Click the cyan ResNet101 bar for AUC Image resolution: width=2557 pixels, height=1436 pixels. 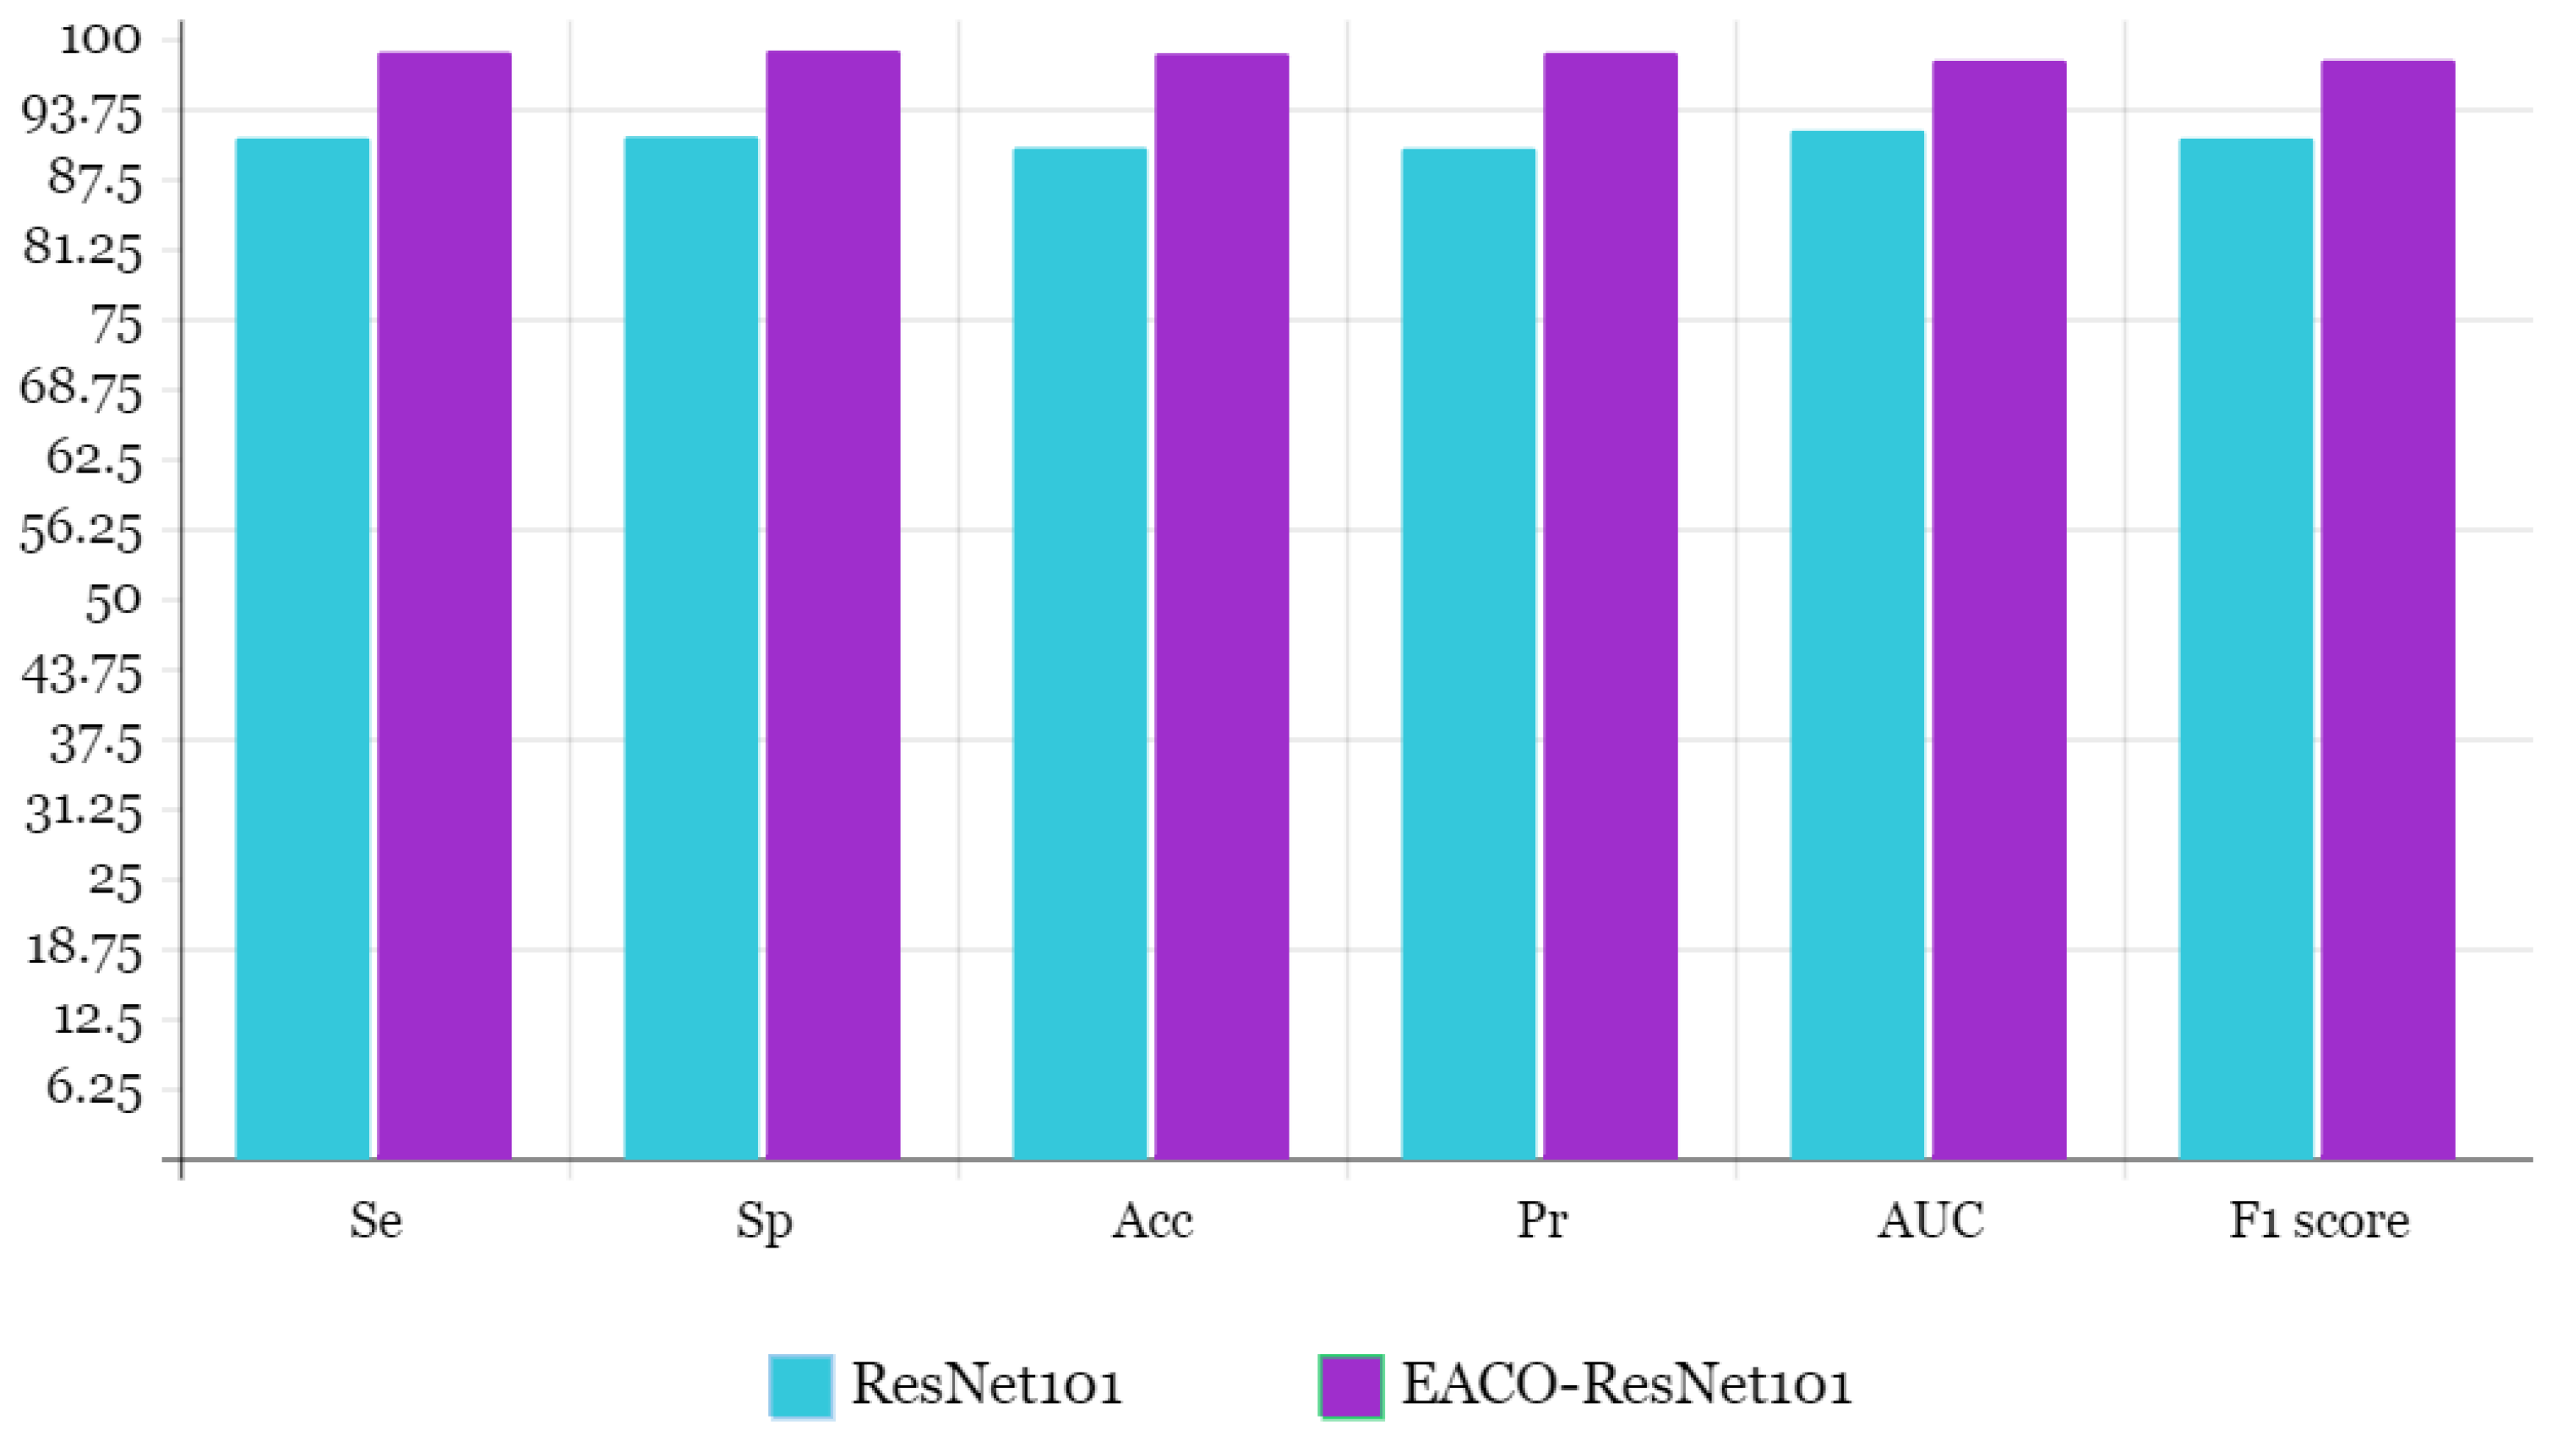coord(1856,645)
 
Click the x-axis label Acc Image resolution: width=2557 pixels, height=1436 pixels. coord(1152,1220)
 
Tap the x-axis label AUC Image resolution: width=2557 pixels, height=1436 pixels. coord(1930,1220)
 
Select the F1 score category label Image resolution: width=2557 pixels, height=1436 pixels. coord(2319,1220)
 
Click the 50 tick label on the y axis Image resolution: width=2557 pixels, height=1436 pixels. coord(113,601)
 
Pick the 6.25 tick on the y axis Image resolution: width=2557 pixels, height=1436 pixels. coord(95,1089)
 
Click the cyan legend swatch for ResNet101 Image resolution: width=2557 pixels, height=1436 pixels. coord(800,1386)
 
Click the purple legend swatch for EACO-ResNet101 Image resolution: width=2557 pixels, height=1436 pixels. coord(1350,1386)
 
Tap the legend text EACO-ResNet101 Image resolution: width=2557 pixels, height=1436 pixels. coord(1626,1384)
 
